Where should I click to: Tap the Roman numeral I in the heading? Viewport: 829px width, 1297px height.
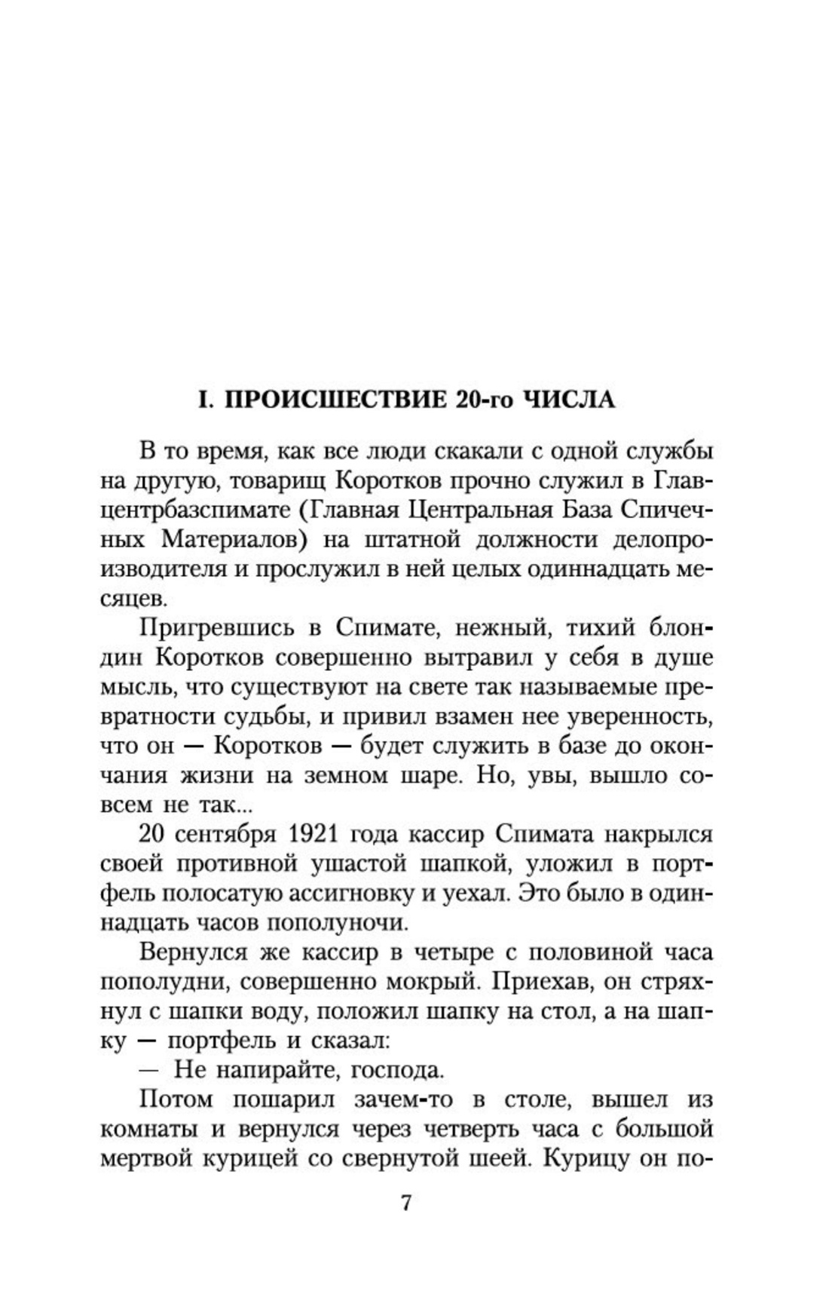point(201,399)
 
